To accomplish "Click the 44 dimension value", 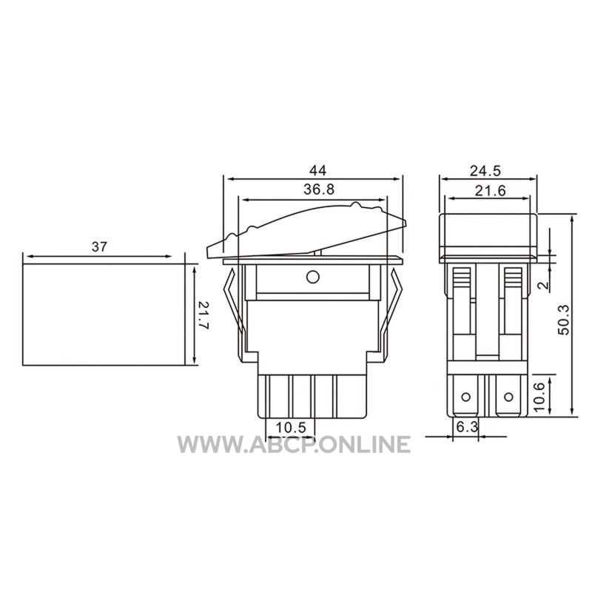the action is (317, 171).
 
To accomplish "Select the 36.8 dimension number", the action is (319, 189).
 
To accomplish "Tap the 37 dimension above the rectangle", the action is (99, 247).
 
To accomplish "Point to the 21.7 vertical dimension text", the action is (203, 315).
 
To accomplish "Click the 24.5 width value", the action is (485, 171).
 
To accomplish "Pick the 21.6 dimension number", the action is (490, 191).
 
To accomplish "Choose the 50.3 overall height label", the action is (564, 320).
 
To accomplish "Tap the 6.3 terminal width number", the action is (468, 427).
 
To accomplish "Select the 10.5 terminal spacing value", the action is (291, 428).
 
